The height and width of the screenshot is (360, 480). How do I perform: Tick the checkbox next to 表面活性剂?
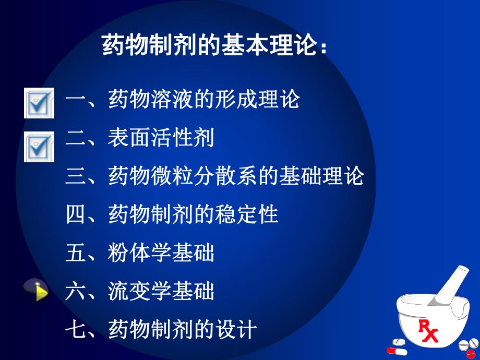[x=39, y=147]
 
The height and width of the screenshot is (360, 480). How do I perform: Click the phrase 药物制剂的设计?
[x=183, y=330]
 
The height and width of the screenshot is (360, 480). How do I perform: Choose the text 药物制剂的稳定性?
[x=193, y=214]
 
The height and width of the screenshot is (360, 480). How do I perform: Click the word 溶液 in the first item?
[x=172, y=99]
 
